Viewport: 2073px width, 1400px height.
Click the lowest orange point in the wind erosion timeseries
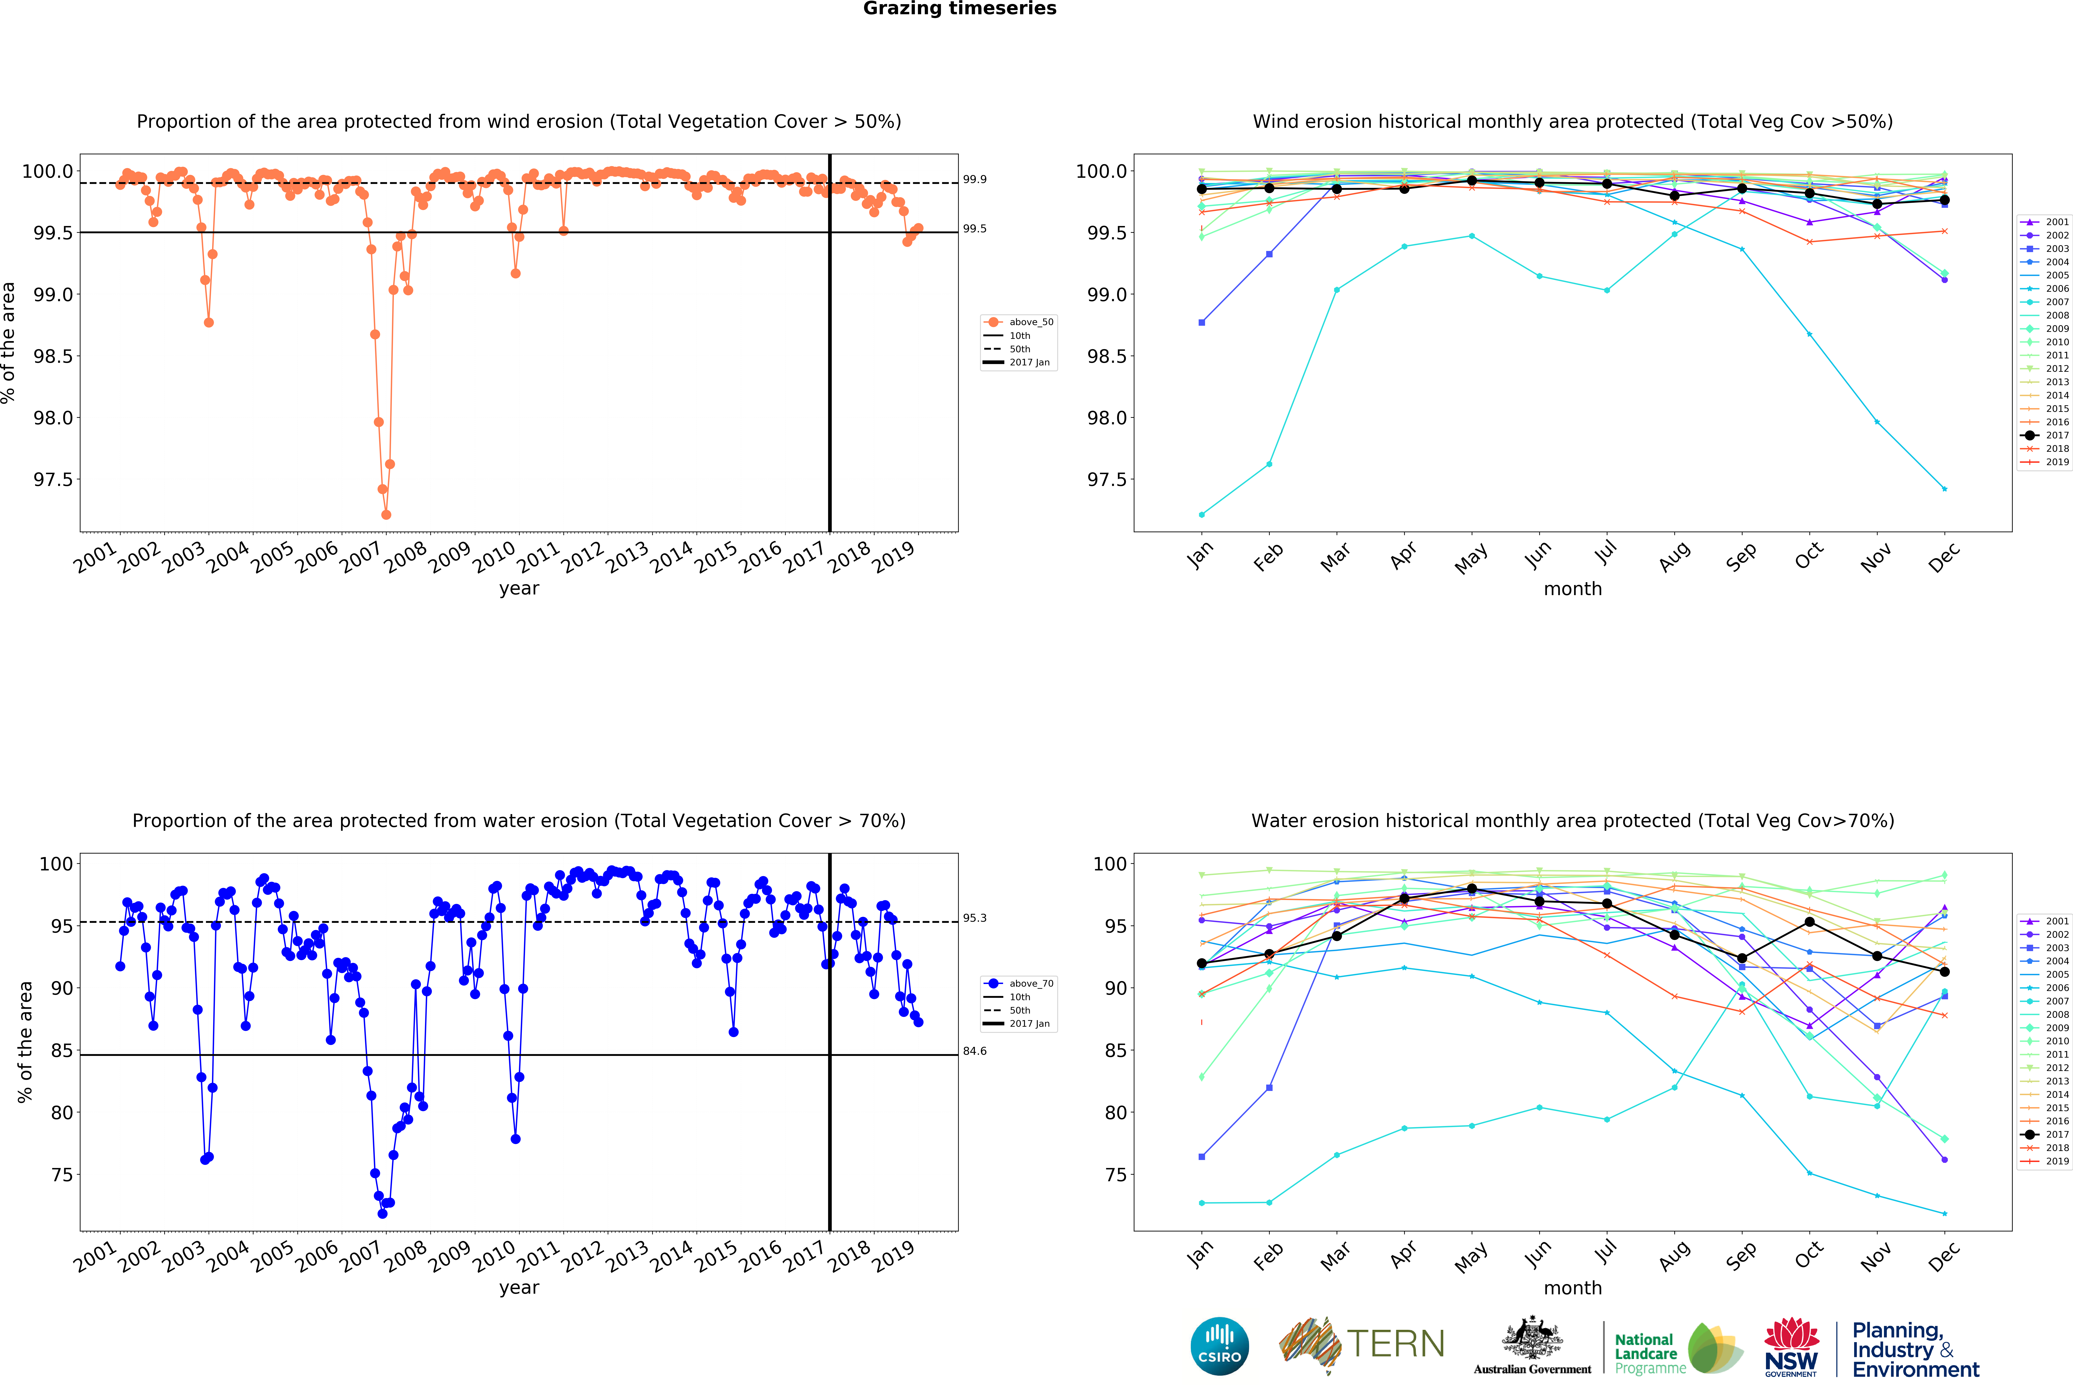[386, 514]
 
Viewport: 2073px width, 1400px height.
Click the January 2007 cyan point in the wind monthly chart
[1202, 514]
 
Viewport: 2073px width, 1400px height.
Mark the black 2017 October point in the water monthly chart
[1809, 922]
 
